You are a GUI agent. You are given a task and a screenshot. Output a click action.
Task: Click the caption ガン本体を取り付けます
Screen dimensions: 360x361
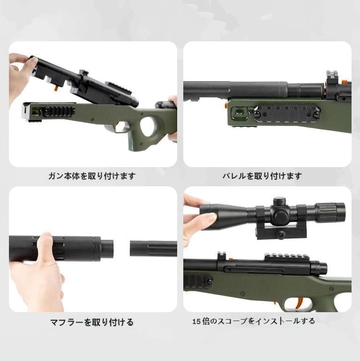[92, 176]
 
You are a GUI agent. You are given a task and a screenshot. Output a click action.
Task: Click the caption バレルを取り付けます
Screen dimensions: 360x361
[262, 176]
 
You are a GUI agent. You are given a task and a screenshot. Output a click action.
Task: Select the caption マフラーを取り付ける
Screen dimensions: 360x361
[92, 322]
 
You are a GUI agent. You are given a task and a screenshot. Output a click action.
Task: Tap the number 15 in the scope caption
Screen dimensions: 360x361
[196, 321]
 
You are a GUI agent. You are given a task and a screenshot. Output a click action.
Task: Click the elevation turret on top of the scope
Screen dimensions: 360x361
[279, 202]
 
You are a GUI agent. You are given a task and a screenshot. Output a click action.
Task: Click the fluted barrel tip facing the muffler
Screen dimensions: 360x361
[153, 248]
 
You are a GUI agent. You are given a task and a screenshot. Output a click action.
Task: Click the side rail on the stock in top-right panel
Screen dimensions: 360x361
[287, 114]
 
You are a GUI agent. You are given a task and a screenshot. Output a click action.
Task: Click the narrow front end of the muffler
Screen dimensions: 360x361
[107, 249]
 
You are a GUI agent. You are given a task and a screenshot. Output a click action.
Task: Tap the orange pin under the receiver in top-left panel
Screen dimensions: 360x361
[56, 89]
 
